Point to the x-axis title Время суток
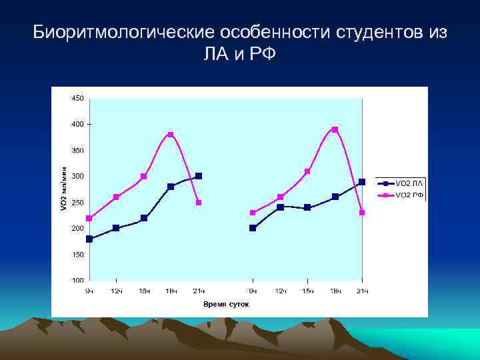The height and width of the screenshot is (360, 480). (x=226, y=304)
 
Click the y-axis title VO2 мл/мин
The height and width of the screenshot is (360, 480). (x=64, y=189)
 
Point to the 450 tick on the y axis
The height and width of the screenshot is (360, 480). (x=77, y=99)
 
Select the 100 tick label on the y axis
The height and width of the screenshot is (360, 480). (x=77, y=281)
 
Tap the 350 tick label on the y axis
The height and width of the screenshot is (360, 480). (x=77, y=151)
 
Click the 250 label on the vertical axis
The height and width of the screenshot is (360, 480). (x=77, y=203)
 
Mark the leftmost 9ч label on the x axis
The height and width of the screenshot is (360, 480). (x=89, y=291)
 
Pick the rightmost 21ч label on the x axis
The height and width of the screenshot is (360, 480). (x=362, y=291)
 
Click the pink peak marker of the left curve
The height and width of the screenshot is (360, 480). (x=171, y=135)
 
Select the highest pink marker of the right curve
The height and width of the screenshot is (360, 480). (x=335, y=129)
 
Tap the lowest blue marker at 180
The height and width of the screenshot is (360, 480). (x=89, y=239)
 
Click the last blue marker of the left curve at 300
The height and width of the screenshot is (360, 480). (x=199, y=176)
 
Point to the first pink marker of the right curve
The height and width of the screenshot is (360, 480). (x=253, y=213)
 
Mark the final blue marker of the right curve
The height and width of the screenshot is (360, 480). (x=362, y=181)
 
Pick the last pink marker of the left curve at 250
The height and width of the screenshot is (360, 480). (x=199, y=203)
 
